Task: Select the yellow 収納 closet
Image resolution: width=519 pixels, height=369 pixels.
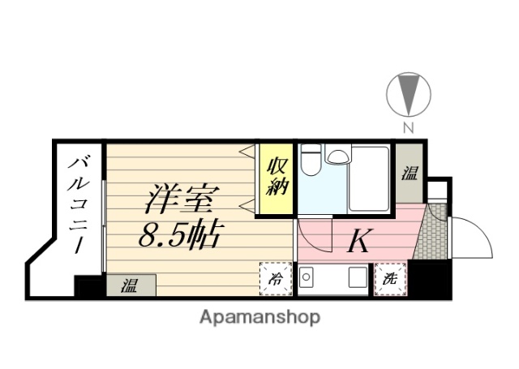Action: point(274,180)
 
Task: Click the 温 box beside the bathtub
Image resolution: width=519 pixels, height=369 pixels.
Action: point(410,172)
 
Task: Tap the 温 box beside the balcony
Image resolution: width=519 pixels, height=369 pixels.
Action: point(130,285)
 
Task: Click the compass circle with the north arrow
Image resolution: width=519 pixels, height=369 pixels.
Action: point(408,95)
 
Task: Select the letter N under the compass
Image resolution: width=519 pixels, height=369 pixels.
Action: point(409,127)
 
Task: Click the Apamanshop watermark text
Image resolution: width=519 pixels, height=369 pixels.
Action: point(259,316)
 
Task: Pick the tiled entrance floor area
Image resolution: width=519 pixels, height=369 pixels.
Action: point(431,234)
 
